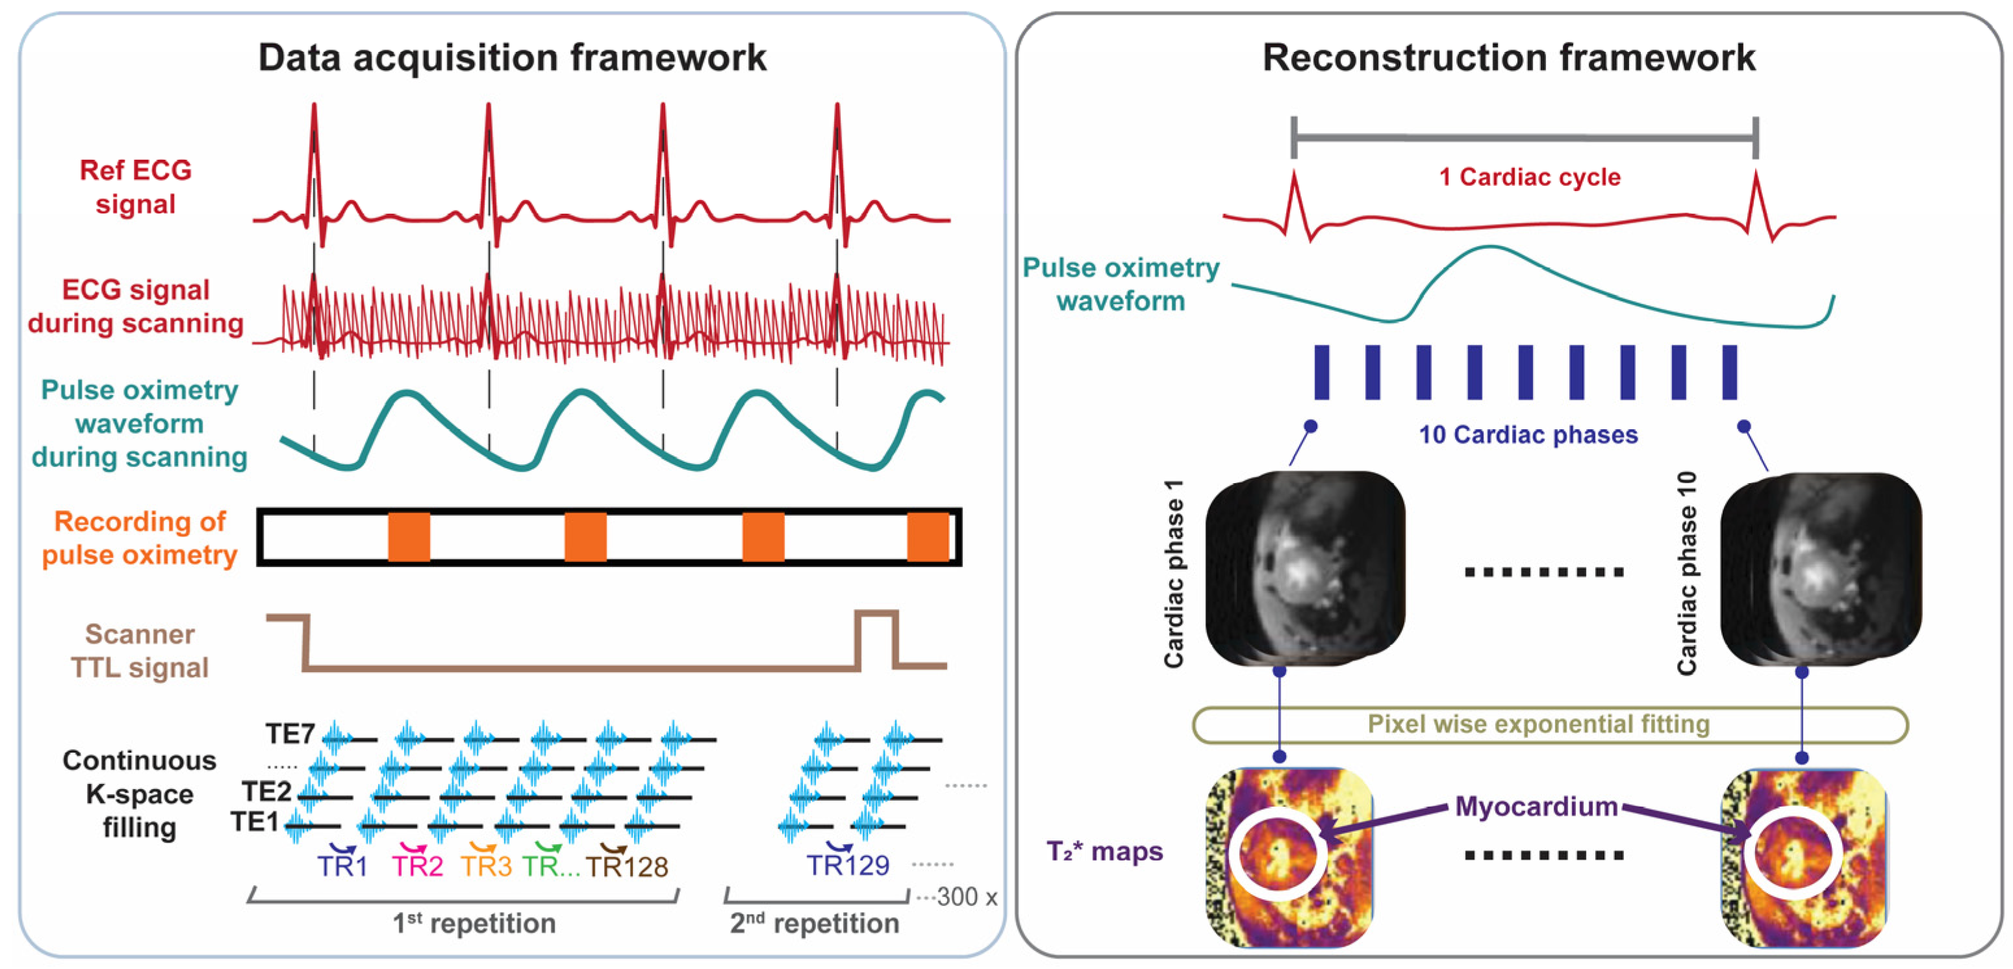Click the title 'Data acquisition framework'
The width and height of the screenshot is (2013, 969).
[512, 58]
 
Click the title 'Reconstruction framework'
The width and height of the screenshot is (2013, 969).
[1508, 58]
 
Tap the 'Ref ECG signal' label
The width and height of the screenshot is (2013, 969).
[135, 187]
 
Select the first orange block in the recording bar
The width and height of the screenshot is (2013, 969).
[409, 537]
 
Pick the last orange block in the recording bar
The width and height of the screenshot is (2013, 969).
[928, 537]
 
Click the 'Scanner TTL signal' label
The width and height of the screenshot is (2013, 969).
[140, 650]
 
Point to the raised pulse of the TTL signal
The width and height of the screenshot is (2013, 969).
[876, 625]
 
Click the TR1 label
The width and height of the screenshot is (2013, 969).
[342, 866]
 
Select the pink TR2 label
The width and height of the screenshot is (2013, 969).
[417, 866]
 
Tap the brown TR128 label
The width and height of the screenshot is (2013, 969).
[627, 866]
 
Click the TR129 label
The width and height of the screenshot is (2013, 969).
[847, 865]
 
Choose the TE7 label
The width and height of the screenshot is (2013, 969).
[290, 734]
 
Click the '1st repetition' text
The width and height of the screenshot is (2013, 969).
[474, 923]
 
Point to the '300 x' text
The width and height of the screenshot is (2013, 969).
[967, 896]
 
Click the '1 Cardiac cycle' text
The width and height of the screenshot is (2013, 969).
[1529, 177]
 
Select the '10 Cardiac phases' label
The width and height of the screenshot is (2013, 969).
[1528, 434]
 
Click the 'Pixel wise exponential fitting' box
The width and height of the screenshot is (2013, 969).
[1538, 724]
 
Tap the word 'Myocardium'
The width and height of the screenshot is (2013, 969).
[1536, 806]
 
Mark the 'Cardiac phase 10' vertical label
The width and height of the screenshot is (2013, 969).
[1686, 572]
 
